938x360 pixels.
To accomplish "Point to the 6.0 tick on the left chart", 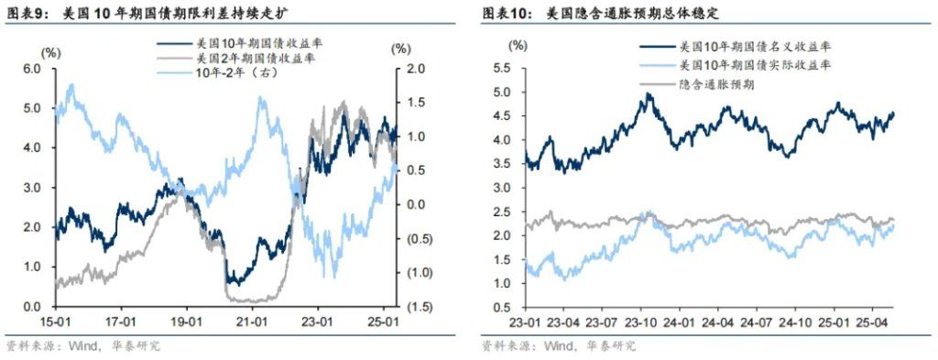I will pyautogui.click(x=32, y=69).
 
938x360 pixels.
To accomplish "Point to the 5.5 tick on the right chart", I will pyautogui.click(x=503, y=69).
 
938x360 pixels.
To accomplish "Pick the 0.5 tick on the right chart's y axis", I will pyautogui.click(x=503, y=306).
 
